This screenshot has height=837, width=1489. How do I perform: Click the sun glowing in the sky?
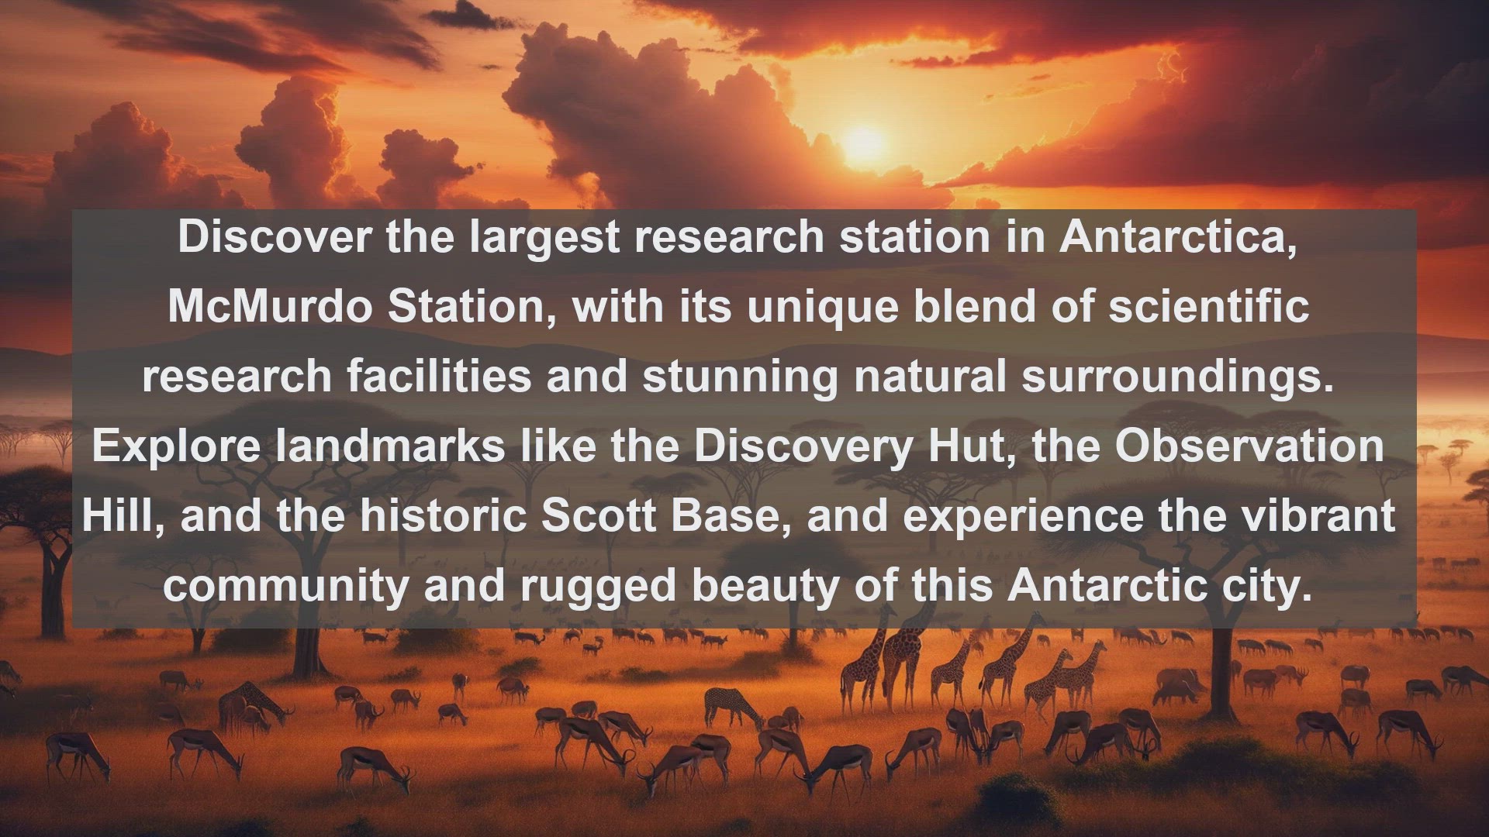point(863,143)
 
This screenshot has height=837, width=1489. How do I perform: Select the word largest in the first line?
point(544,238)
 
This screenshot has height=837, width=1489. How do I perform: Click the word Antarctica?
point(1178,236)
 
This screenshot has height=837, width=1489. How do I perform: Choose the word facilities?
point(439,376)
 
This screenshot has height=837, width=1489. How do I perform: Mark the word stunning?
point(740,377)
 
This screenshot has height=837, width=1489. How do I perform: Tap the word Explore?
point(176,447)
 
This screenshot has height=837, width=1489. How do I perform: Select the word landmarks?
point(390,446)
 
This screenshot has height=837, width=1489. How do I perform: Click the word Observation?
point(1249,446)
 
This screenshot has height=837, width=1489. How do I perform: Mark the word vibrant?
point(1319,515)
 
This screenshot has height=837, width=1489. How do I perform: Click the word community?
point(285,587)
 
